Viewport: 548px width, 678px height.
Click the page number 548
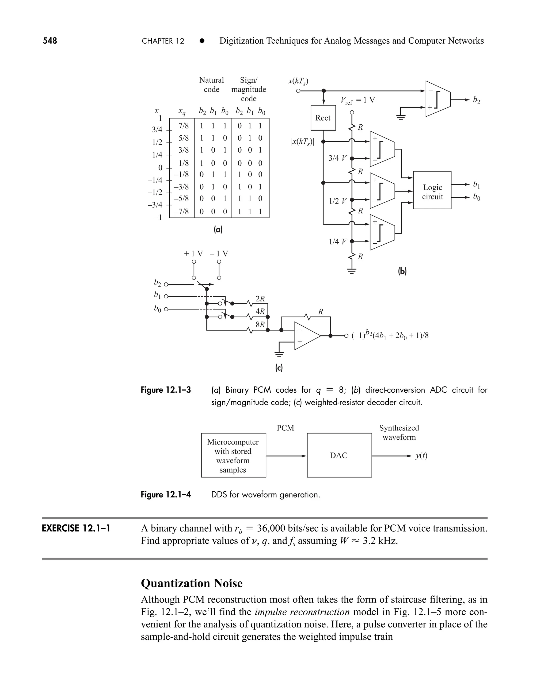[x=50, y=41]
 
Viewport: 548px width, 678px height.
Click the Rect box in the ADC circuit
[x=323, y=118]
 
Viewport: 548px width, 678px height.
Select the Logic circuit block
[x=432, y=190]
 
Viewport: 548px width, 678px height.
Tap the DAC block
[x=339, y=455]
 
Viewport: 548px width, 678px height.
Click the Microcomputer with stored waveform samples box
[x=233, y=455]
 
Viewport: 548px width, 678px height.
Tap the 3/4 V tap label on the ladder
[x=337, y=158]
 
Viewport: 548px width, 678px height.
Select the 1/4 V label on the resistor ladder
[x=337, y=242]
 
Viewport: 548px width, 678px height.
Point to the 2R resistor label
[x=260, y=298]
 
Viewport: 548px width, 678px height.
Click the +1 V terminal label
[x=193, y=254]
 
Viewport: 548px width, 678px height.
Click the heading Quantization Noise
[x=192, y=583]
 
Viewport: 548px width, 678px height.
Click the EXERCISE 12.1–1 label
[x=76, y=528]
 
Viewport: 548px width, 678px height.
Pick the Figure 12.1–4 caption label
[x=166, y=494]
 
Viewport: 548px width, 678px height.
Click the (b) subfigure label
[x=402, y=271]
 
